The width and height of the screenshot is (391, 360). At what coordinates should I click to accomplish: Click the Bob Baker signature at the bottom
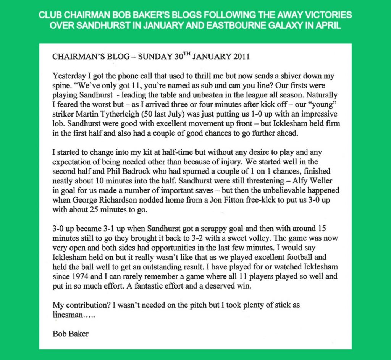coord(71,334)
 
